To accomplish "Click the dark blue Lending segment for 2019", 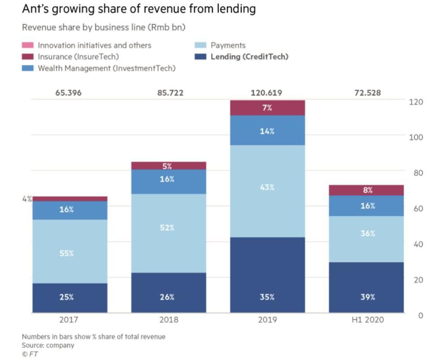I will point(267,275).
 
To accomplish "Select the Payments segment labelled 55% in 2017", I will point(69,251).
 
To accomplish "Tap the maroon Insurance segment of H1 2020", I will point(366,190).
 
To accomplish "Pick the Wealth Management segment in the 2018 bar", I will point(168,182).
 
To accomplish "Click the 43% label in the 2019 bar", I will point(267,187).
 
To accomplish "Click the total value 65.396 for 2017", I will point(68,93).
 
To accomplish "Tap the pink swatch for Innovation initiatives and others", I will point(28,45).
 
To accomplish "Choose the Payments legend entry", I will point(228,45).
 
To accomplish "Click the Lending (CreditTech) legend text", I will point(249,56).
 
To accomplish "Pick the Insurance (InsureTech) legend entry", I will point(78,56).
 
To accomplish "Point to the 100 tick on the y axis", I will point(416,137).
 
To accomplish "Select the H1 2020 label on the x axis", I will point(367,320).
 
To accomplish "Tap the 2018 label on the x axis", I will point(168,320).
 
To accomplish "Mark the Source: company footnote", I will point(48,345).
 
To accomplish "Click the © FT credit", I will point(30,354).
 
